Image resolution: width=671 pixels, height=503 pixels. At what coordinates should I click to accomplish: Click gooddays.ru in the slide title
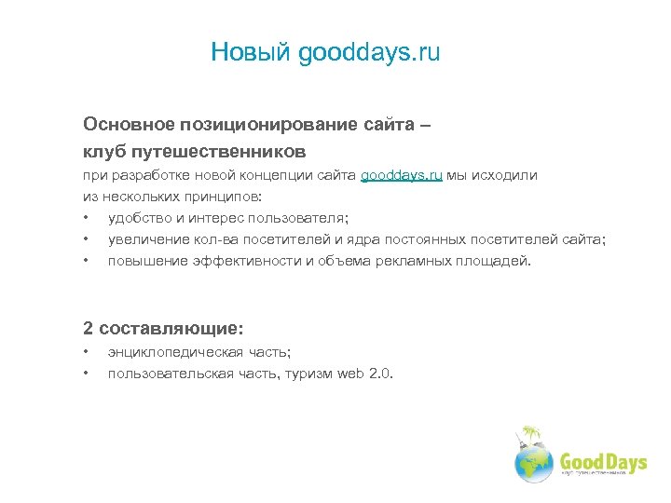click(369, 53)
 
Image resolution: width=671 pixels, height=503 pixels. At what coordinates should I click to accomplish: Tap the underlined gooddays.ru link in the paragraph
click(402, 175)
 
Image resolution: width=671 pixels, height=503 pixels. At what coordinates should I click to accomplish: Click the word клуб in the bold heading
click(104, 150)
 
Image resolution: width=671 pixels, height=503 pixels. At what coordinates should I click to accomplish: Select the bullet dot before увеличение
click(85, 240)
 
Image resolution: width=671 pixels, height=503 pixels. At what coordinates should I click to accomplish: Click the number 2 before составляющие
click(88, 328)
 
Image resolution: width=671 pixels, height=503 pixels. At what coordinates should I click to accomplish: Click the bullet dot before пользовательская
click(85, 374)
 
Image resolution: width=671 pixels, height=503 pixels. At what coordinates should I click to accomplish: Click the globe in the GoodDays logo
click(534, 461)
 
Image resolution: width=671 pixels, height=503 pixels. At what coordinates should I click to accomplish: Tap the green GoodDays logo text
click(602, 461)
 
